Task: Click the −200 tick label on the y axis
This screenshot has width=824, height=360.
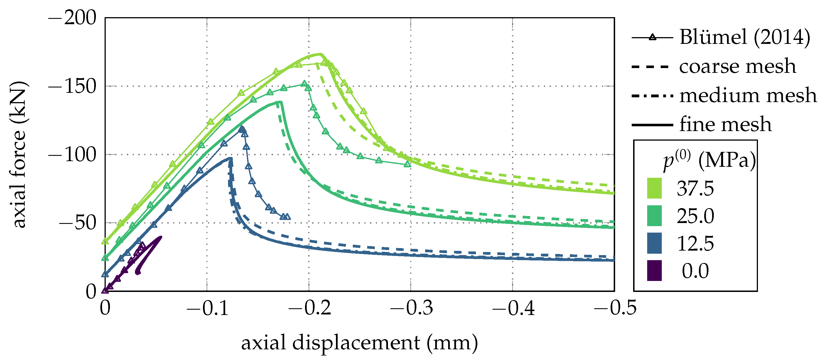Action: (x=72, y=18)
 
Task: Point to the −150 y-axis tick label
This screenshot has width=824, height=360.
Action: (x=72, y=86)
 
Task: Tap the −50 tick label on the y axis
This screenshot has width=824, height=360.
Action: (x=77, y=223)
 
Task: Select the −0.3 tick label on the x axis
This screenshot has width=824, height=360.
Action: (x=411, y=308)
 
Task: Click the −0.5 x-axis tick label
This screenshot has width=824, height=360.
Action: (x=615, y=308)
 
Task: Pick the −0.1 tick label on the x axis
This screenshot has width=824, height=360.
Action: (x=207, y=308)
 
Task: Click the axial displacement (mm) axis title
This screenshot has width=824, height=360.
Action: (x=359, y=343)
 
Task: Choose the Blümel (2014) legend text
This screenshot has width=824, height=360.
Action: (x=745, y=37)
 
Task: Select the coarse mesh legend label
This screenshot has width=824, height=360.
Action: (x=737, y=66)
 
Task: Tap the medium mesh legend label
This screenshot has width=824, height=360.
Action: (x=748, y=95)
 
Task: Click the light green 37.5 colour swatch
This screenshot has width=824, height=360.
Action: (x=654, y=188)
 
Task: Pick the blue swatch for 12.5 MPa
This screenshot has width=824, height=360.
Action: (x=654, y=243)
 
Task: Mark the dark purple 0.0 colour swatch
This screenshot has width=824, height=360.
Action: (x=654, y=271)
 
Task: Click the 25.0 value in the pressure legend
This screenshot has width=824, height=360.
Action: (x=695, y=216)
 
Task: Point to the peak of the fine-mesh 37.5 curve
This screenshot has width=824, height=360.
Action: (x=321, y=54)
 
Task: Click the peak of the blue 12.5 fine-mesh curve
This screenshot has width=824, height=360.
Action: (x=231, y=158)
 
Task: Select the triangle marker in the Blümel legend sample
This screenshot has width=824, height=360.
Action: (x=653, y=37)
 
